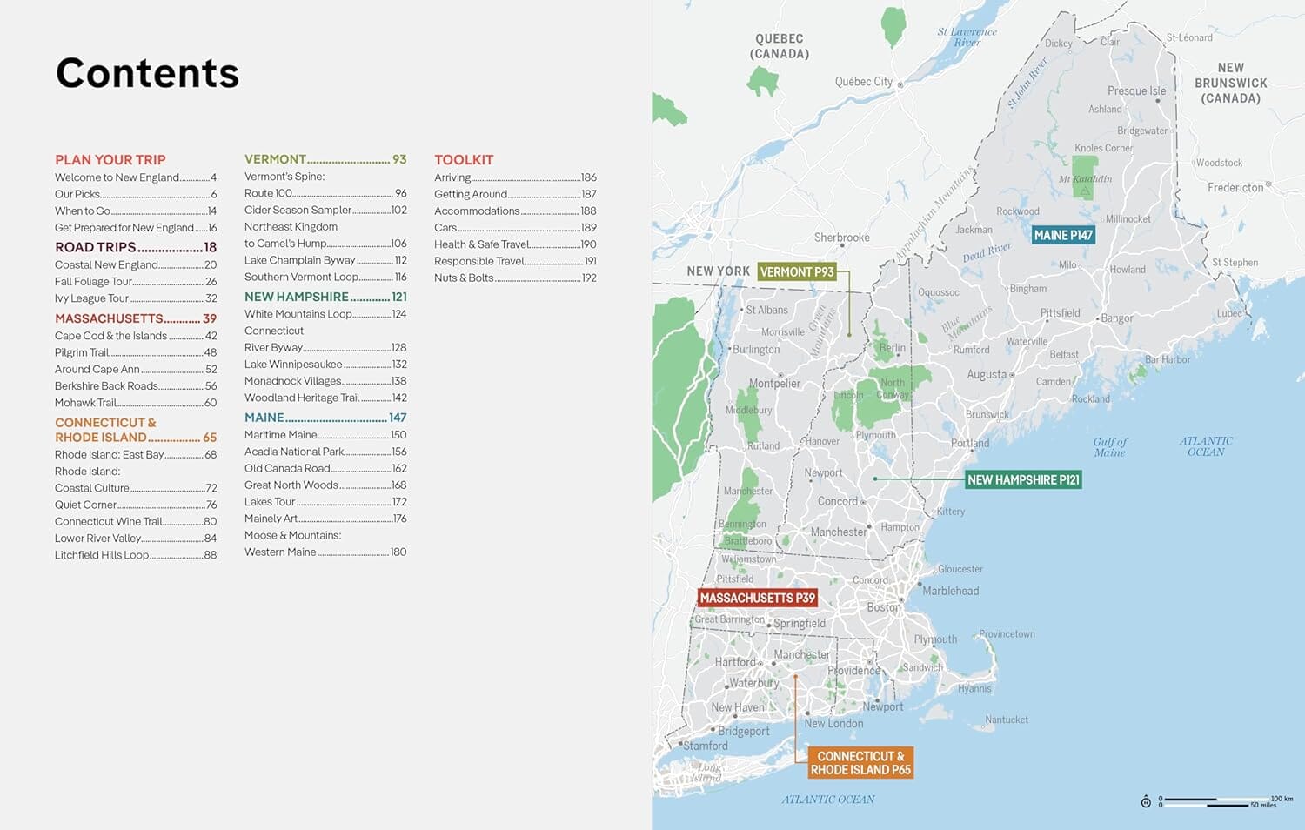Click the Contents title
tap(147, 73)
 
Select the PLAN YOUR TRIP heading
tap(110, 160)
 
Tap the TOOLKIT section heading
tap(464, 160)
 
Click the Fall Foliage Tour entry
tap(94, 282)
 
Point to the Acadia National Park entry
tap(295, 452)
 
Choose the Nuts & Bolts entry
tap(464, 278)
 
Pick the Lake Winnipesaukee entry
tap(293, 365)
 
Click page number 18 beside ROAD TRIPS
tap(210, 248)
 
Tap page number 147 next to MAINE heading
tap(398, 418)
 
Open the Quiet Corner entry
tap(86, 505)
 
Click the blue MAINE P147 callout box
tap(1062, 235)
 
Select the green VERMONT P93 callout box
tap(797, 272)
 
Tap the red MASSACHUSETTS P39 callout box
tap(758, 598)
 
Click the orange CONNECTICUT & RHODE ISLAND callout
tap(860, 763)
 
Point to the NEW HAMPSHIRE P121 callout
tap(1023, 479)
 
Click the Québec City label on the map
tap(864, 82)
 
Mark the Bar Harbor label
tap(1168, 359)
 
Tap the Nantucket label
tap(1007, 720)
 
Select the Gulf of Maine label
tap(1109, 447)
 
